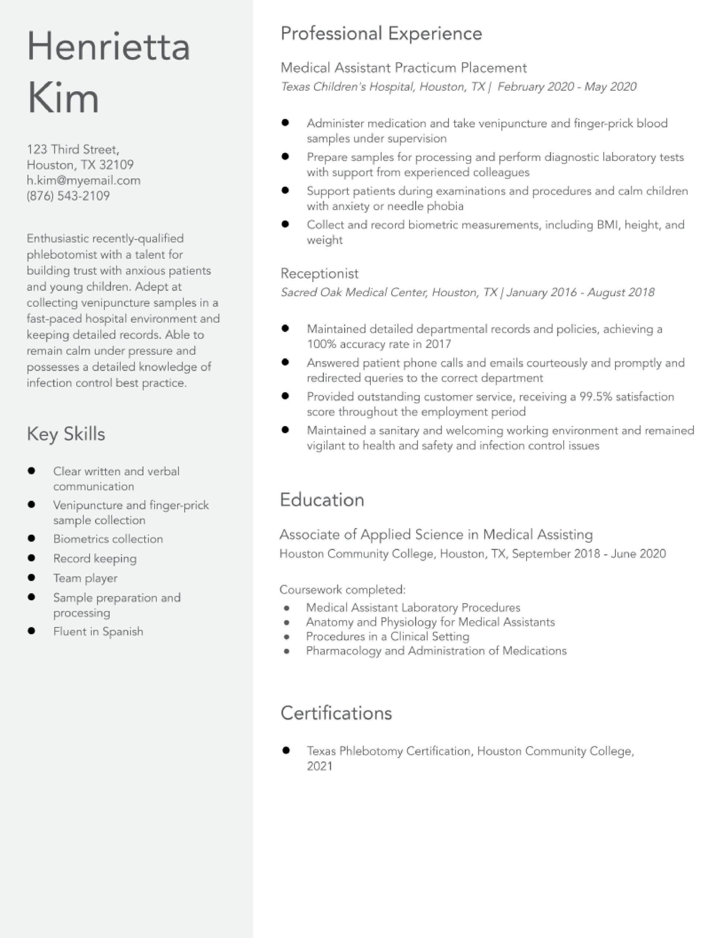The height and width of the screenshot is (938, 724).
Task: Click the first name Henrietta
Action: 108,47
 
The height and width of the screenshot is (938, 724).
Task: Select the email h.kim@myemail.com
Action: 83,180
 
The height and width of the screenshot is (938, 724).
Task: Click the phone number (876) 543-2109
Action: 68,196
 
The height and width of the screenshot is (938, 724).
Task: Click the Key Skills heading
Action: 66,434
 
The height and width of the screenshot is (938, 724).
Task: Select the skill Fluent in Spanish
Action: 98,631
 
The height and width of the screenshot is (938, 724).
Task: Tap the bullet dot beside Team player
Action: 31,578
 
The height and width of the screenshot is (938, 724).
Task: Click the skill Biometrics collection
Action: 108,539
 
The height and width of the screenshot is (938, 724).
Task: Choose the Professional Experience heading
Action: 381,33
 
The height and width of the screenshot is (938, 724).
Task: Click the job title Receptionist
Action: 319,274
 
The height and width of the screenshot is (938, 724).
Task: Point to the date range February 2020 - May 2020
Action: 567,87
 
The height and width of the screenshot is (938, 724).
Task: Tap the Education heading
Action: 322,500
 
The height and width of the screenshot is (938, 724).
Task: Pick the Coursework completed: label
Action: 342,590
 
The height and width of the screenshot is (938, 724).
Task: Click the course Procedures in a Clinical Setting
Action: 387,636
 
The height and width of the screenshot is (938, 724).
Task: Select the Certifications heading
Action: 336,713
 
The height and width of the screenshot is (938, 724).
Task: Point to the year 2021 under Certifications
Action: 319,766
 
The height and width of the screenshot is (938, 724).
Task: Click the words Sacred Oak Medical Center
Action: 353,292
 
